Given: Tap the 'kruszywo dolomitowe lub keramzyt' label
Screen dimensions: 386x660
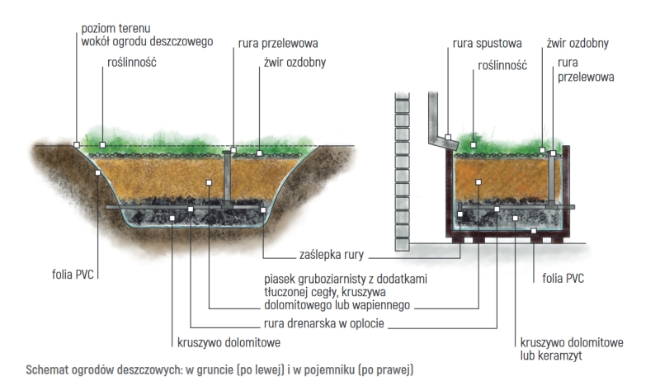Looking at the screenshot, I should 571,347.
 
